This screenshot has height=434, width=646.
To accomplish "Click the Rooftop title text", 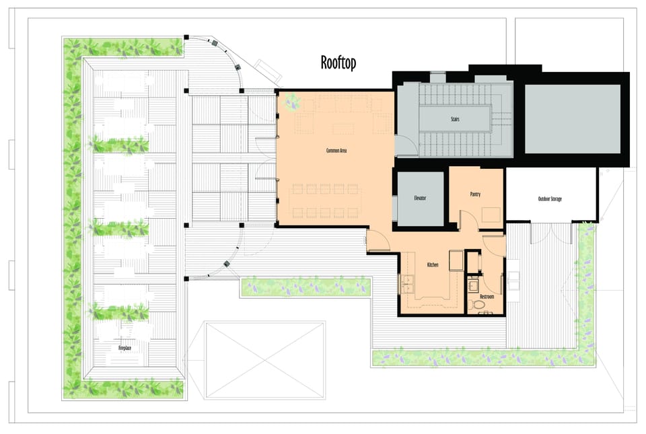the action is pyautogui.click(x=338, y=63).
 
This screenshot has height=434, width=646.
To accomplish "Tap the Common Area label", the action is pyautogui.click(x=336, y=151).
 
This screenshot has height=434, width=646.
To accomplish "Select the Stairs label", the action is pyautogui.click(x=455, y=119).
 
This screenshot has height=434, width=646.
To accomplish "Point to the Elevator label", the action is pyautogui.click(x=420, y=198).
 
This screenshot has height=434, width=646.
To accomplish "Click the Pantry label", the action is pyautogui.click(x=475, y=194).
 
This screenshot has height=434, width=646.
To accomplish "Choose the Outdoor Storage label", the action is pyautogui.click(x=550, y=199).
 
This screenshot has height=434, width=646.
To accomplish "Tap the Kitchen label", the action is pyautogui.click(x=433, y=264).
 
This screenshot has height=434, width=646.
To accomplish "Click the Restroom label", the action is pyautogui.click(x=487, y=297).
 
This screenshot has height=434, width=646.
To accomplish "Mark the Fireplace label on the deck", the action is pyautogui.click(x=125, y=348).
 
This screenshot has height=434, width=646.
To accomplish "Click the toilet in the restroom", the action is pyautogui.click(x=478, y=305).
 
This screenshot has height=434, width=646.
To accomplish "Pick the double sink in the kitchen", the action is pyautogui.click(x=406, y=283).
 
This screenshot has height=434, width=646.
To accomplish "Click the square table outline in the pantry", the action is pyautogui.click(x=491, y=215).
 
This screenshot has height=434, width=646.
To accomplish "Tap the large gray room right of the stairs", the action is pyautogui.click(x=572, y=119).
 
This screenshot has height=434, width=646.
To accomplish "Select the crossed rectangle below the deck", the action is pyautogui.click(x=265, y=360).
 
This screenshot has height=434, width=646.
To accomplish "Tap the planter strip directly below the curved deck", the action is pyautogui.click(x=306, y=287).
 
